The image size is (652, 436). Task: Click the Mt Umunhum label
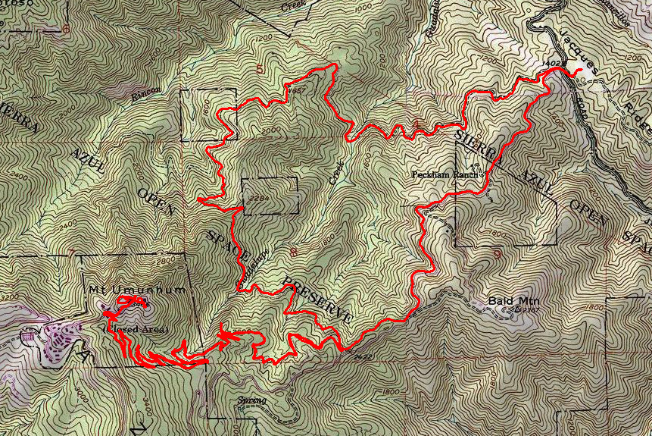click(x=117, y=290)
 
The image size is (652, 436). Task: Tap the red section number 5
click(x=261, y=71)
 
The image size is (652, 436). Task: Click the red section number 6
click(x=67, y=30)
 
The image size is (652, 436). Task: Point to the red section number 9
click(x=498, y=255)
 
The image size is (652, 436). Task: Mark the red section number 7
click(x=72, y=253)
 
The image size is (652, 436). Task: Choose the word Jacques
click(x=580, y=50)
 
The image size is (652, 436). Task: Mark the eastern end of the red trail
click(x=579, y=72)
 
